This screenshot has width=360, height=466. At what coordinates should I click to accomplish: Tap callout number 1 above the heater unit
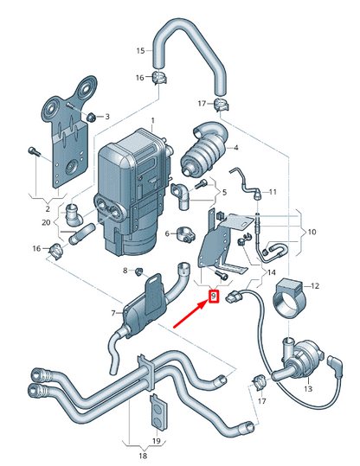(152, 120)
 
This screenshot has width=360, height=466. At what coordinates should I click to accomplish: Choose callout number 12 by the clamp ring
(315, 284)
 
